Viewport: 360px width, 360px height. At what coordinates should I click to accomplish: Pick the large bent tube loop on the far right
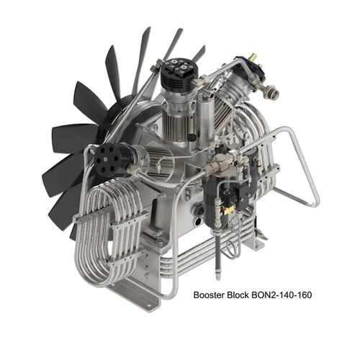(306, 173)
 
